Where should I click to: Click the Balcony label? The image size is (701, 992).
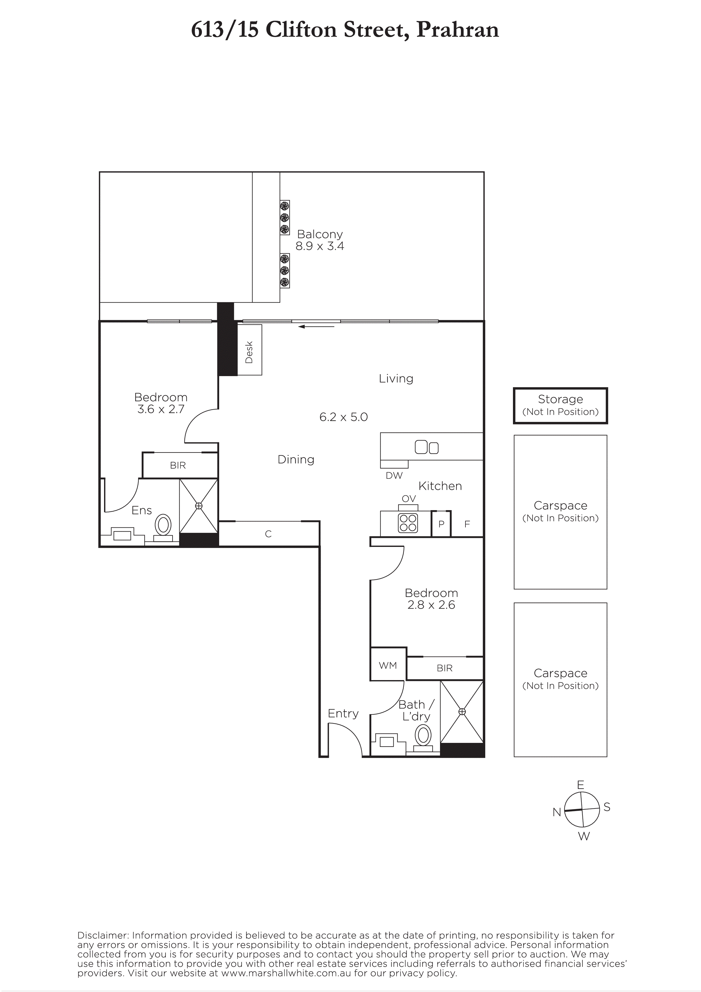320,234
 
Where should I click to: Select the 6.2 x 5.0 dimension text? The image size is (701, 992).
343,417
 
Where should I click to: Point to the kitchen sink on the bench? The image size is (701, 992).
426,447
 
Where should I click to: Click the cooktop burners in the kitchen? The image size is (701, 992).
408,523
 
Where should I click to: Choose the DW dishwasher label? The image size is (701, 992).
394,475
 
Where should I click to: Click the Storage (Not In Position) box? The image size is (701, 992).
560,405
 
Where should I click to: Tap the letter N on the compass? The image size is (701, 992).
557,812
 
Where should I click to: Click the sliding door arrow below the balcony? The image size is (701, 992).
316,327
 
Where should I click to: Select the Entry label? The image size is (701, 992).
343,713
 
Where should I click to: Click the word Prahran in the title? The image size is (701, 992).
458,29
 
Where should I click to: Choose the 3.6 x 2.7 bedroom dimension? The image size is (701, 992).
161,409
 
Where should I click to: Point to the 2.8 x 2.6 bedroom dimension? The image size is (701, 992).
431,605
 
